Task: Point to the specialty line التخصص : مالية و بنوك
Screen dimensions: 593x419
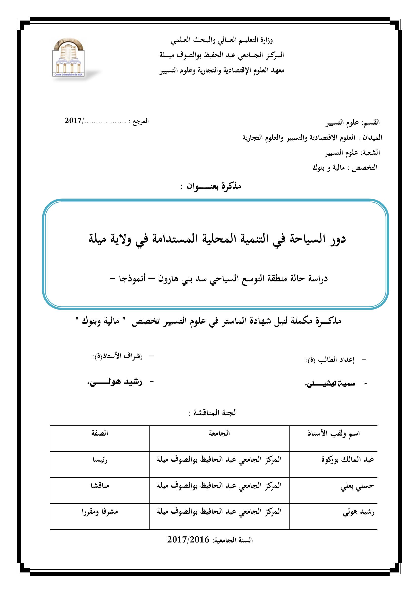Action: coord(345,168)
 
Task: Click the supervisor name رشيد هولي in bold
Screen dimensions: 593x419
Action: coord(114,383)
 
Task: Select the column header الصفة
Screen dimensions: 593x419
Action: coord(100,433)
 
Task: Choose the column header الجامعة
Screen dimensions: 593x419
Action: coord(219,433)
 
